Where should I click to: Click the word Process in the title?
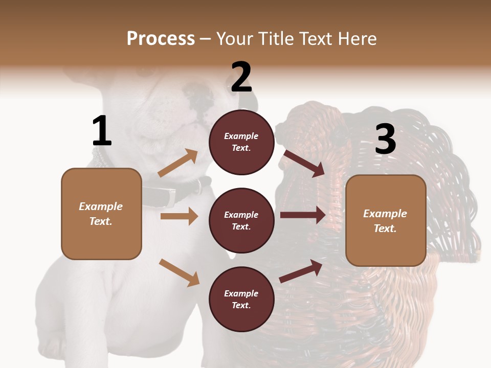[161, 38]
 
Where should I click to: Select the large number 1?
[102, 131]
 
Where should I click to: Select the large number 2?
[241, 77]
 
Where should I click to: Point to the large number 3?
[385, 139]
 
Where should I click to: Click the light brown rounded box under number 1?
[101, 214]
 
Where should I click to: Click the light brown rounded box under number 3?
[386, 221]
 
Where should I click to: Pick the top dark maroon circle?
[241, 142]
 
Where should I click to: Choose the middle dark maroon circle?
[241, 221]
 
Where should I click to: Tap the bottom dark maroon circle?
[241, 300]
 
